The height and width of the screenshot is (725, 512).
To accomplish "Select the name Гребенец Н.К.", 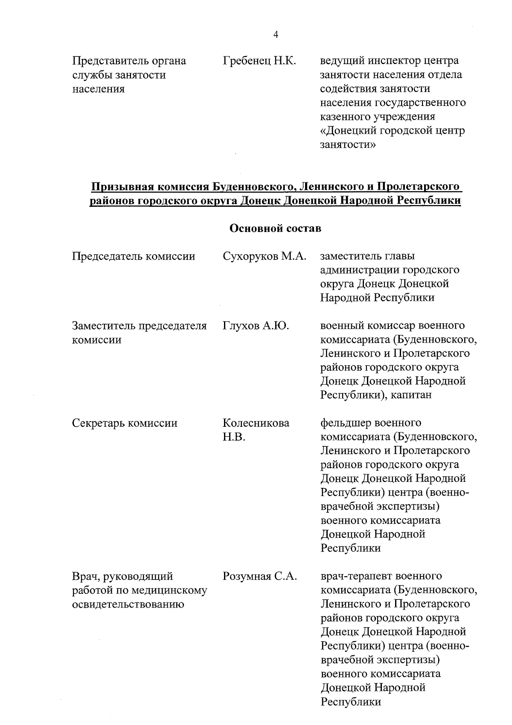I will point(259,61).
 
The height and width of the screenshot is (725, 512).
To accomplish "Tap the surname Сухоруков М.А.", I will point(264,256).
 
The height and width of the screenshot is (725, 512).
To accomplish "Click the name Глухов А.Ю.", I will point(256,326).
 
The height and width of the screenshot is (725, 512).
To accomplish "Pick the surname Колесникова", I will point(256,423).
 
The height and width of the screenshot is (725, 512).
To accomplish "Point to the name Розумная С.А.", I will point(259,576).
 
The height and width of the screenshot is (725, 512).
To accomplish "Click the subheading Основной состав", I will point(275,229).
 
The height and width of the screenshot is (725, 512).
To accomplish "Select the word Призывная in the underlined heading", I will point(122,187).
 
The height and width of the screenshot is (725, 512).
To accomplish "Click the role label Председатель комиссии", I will point(134,256).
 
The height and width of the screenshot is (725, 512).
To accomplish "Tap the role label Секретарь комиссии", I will point(125,423).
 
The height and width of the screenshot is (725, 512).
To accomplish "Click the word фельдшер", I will point(345,423).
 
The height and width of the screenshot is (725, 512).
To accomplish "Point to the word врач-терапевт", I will point(355,576).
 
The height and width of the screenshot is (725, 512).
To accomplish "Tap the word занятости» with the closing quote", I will point(348,144).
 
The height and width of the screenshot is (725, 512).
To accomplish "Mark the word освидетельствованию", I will point(128,605).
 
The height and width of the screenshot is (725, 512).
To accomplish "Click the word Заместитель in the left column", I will point(105,326).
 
